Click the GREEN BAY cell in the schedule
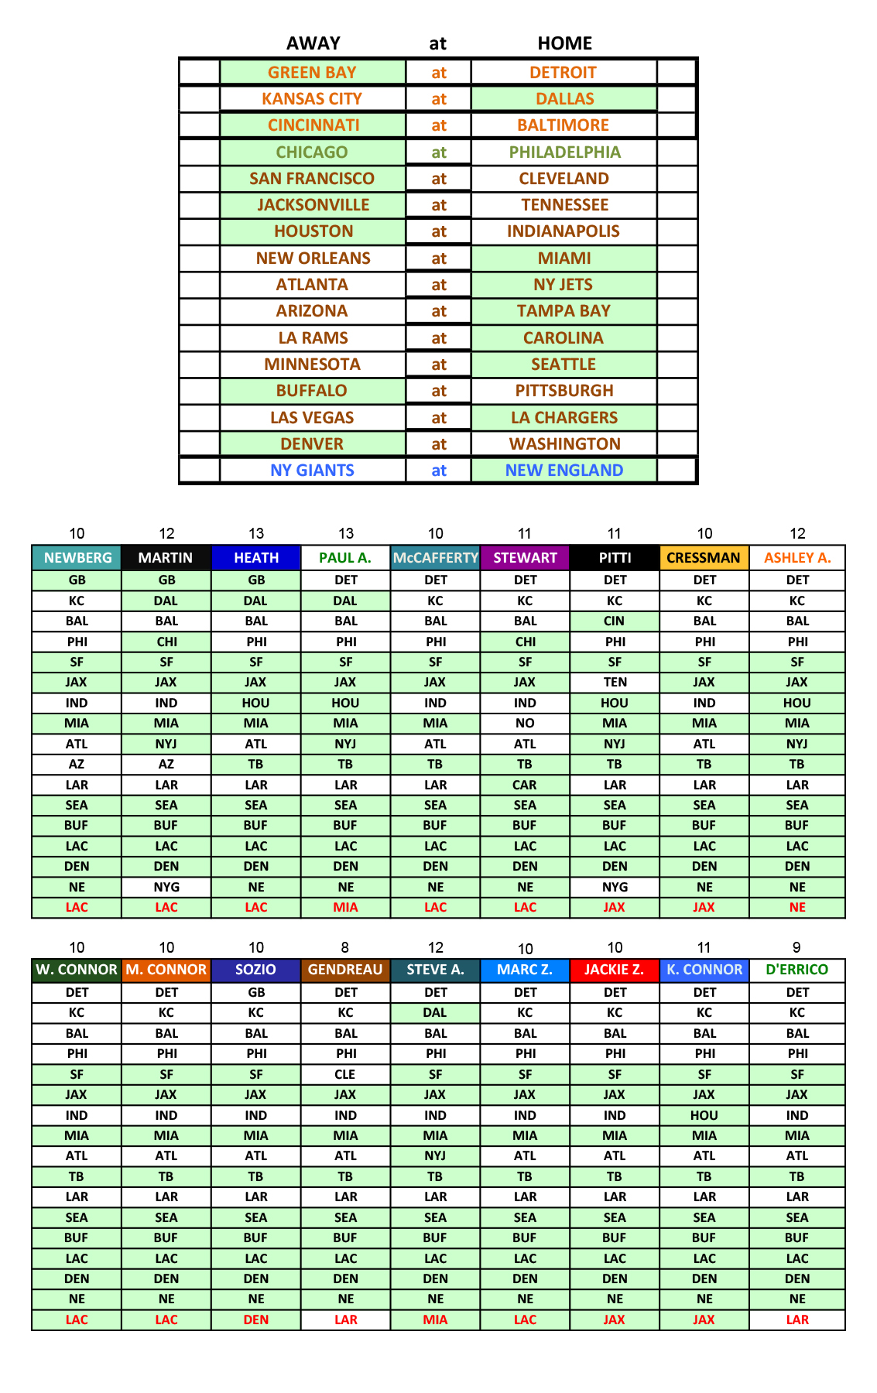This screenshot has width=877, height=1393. (312, 73)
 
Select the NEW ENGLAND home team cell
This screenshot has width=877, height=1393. (564, 471)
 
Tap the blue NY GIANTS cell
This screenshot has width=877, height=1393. (312, 471)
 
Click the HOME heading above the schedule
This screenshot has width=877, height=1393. (564, 43)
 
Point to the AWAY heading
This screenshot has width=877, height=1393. (313, 43)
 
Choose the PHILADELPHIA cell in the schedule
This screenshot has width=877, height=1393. (564, 152)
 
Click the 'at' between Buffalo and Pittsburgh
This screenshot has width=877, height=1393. (439, 391)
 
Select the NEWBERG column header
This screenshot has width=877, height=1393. (77, 558)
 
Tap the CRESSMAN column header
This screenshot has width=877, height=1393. (704, 558)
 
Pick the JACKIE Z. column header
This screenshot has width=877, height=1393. (615, 970)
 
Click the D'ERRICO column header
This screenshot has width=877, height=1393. (796, 970)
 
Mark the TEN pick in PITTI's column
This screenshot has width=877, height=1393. (615, 683)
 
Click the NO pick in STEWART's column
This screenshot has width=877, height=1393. (525, 724)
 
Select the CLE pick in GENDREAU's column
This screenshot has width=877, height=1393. (345, 1074)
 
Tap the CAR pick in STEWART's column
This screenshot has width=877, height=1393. (525, 785)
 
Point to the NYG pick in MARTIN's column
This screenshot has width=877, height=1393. (166, 887)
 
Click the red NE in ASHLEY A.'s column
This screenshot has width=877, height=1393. (797, 907)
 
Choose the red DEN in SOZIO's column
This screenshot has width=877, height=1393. (256, 1319)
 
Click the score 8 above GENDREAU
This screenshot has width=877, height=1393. (345, 947)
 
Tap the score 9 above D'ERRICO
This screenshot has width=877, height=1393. (796, 947)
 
